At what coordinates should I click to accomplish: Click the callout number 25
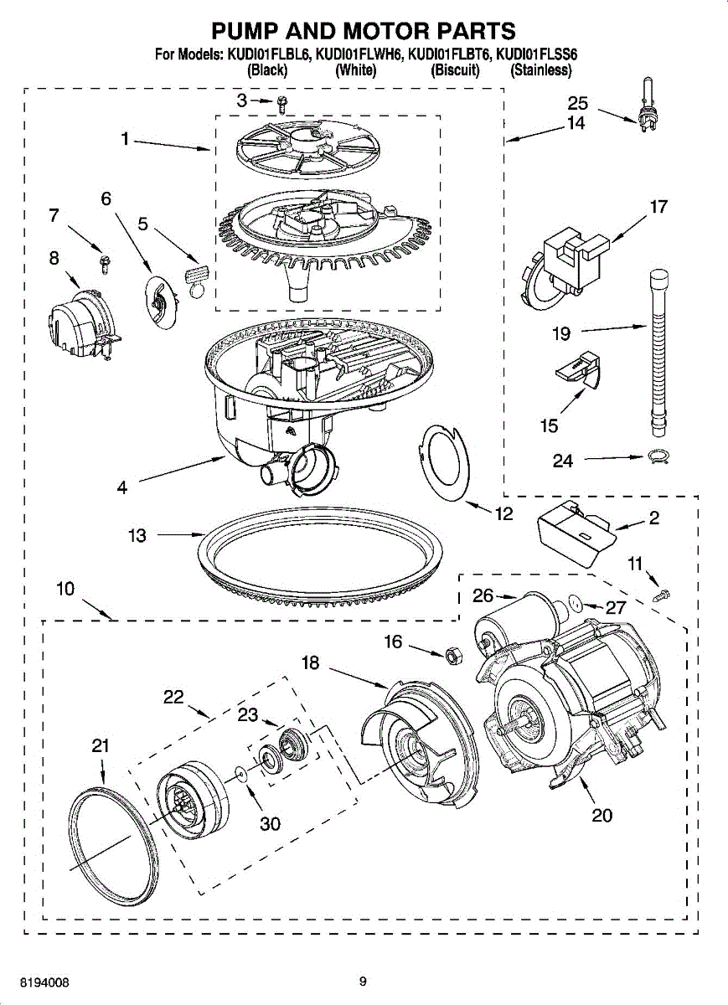pos(578,104)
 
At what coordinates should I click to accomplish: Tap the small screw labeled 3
pos(282,102)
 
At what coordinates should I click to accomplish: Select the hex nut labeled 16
pos(450,655)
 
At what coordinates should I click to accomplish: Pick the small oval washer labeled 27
pos(575,601)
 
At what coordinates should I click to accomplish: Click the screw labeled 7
pos(106,264)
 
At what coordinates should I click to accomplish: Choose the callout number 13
pos(137,534)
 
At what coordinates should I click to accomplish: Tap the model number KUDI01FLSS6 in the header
pos(537,55)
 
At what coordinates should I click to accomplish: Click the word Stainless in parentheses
pos(540,70)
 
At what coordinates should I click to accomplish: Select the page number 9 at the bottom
pos(363,981)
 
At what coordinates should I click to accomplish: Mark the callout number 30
pos(269,823)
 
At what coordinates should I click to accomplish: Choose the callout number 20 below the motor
pos(602,814)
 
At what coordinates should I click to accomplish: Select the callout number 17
pos(658,207)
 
